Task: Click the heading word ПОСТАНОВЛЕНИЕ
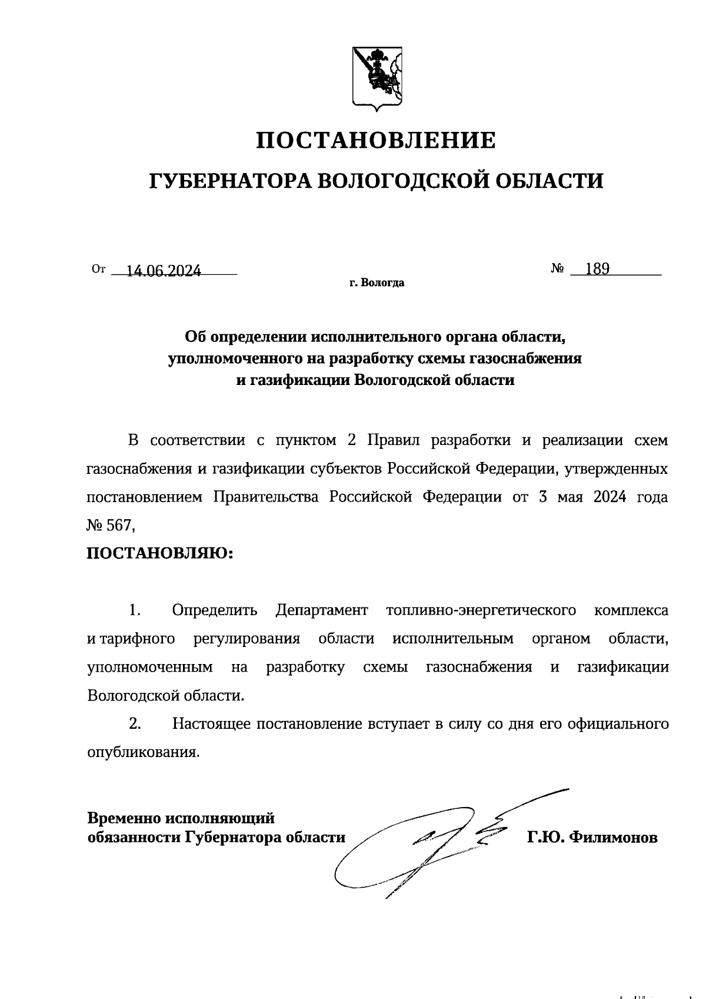tap(376, 141)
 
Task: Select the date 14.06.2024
tap(164, 270)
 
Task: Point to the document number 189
tap(597, 269)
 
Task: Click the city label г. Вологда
tap(376, 283)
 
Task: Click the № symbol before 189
tap(558, 269)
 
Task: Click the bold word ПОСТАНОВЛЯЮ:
tap(160, 553)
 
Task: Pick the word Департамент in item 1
tap(321, 610)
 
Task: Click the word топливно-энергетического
tap(481, 610)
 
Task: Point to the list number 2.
tap(135, 723)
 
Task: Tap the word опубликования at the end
tap(142, 752)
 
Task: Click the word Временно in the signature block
tap(124, 818)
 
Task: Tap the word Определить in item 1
tap(215, 610)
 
